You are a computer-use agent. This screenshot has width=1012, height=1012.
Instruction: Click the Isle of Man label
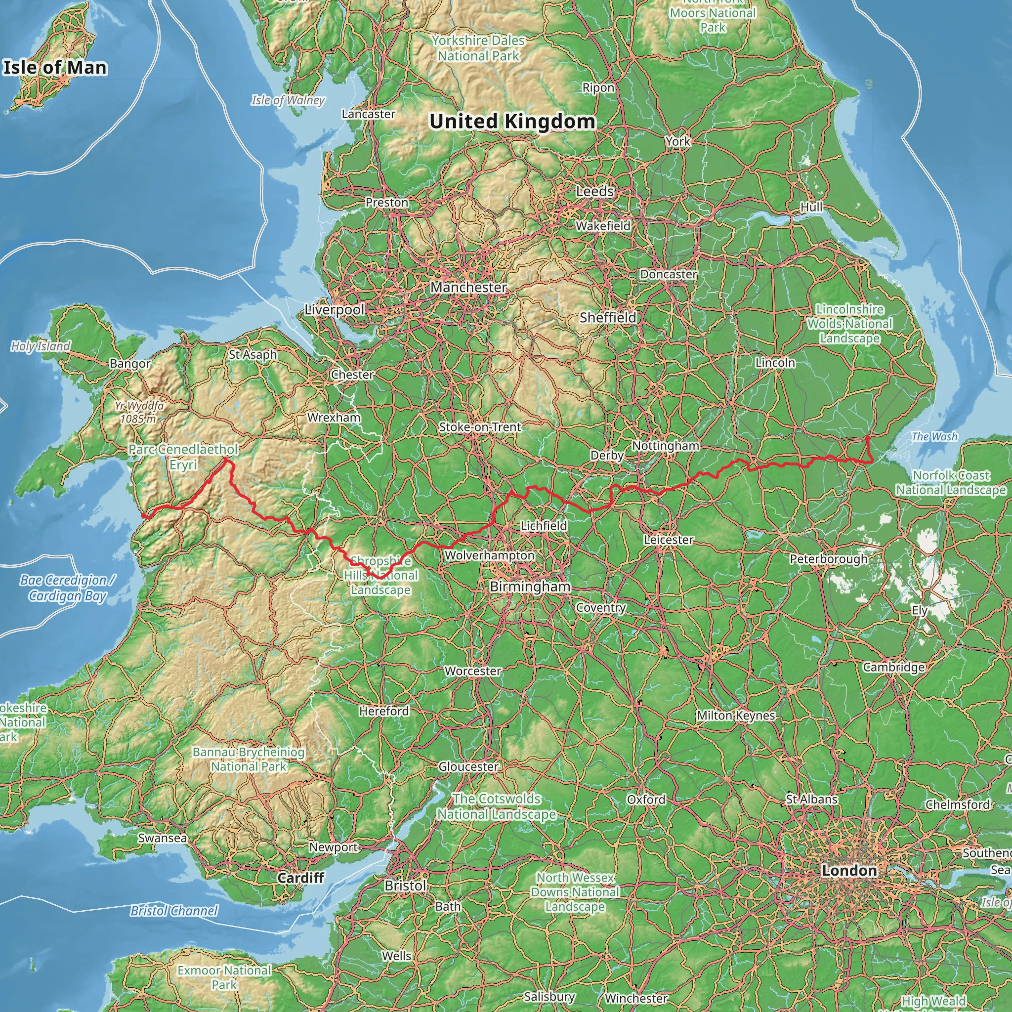(55, 68)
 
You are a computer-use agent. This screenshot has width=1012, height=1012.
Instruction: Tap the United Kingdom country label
(512, 121)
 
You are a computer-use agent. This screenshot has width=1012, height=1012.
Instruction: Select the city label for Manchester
(468, 287)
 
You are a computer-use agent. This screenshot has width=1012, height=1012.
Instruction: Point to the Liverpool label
(334, 309)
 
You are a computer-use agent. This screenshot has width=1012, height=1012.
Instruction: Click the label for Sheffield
(608, 317)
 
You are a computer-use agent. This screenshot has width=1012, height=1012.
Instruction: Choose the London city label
(849, 871)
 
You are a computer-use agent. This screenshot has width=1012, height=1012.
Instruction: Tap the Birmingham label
(530, 586)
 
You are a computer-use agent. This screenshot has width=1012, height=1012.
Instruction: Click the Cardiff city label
(300, 878)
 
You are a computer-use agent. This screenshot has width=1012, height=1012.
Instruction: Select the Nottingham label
(665, 446)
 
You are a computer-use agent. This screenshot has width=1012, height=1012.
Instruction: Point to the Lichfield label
(543, 525)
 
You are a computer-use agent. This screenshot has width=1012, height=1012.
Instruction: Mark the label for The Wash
(934, 436)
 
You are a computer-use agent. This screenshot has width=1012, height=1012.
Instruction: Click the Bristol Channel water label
(174, 911)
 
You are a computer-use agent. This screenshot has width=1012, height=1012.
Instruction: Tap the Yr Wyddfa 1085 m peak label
(139, 412)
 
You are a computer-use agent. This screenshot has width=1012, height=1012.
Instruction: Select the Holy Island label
(41, 346)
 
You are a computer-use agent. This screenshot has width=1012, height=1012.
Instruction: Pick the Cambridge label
(893, 667)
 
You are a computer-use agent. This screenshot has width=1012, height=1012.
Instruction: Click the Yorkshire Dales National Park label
(478, 48)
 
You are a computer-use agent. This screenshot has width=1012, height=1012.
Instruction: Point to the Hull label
(811, 207)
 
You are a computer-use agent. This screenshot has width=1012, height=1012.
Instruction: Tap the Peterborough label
(828, 559)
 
